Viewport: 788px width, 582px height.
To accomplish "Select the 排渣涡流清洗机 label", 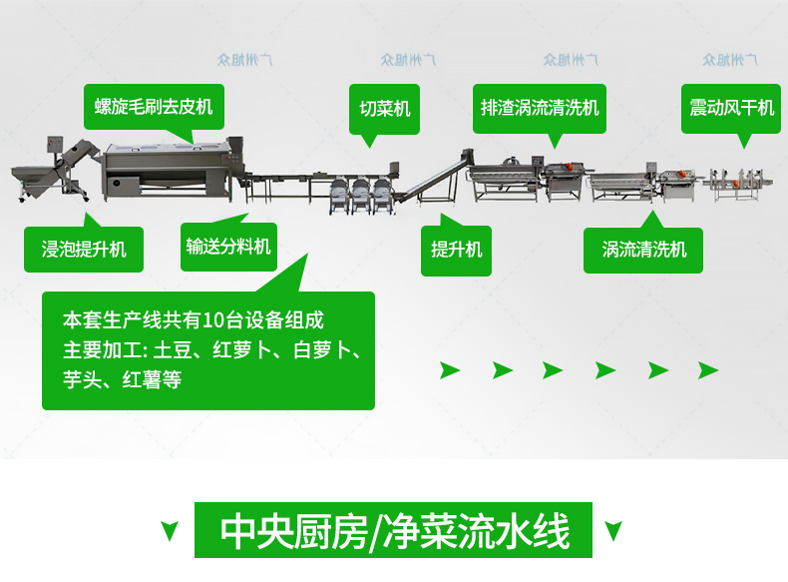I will (540, 107).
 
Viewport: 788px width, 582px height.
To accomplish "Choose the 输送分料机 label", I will (228, 246).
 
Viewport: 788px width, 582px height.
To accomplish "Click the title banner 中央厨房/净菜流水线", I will (395, 531).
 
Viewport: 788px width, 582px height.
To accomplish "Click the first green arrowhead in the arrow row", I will (451, 370).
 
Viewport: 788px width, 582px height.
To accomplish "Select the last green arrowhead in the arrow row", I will (708, 370).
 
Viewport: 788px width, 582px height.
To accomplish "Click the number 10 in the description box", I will (211, 320).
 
